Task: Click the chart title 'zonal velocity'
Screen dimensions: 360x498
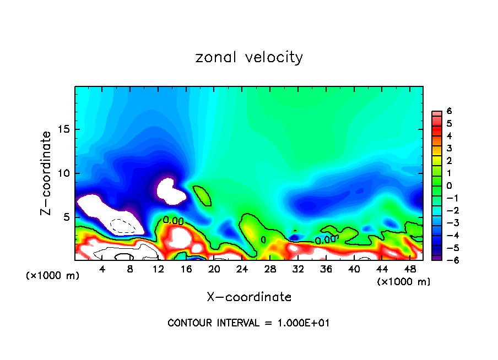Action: tap(249, 57)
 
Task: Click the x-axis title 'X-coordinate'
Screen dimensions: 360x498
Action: tap(249, 297)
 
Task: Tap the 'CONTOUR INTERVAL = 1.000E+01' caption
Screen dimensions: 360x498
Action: tap(248, 323)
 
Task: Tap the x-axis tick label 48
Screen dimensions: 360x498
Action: tap(410, 270)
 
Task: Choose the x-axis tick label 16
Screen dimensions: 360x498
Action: tap(186, 270)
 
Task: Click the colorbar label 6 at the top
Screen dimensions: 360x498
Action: tap(450, 111)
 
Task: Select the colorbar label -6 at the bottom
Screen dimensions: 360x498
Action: tap(448, 260)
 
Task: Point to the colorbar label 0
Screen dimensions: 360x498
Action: tap(450, 186)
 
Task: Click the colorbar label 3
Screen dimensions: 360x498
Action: tap(450, 149)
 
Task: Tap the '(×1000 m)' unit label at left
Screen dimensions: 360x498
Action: tap(53, 276)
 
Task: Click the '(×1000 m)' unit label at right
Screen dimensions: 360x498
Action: tap(404, 282)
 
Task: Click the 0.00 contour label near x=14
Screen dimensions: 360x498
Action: tap(173, 221)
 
